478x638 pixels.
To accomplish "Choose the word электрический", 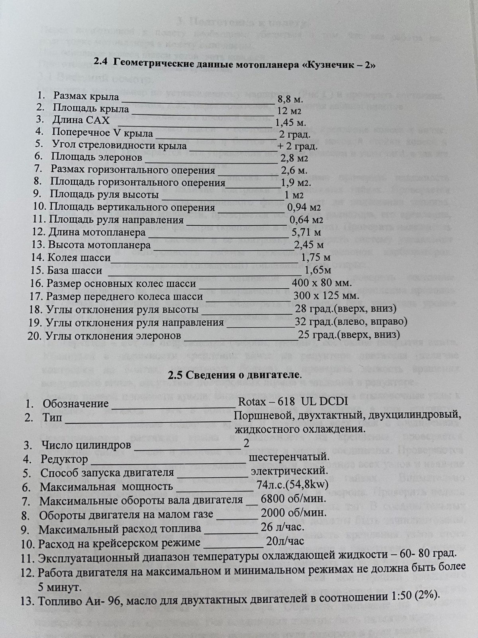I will [289, 471].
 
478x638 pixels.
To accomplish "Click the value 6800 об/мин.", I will [294, 499].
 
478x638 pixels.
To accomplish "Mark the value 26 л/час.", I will [283, 527].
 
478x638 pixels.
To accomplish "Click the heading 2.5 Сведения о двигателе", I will [235, 375].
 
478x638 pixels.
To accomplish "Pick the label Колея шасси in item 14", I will [79, 258].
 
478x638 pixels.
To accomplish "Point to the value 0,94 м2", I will [304, 207].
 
